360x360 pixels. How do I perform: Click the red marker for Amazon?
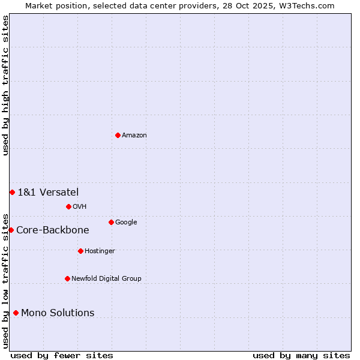118,135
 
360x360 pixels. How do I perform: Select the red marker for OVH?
68,206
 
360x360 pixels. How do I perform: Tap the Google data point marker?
111,222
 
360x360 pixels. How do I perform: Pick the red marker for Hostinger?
80,251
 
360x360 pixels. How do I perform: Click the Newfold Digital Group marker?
67,278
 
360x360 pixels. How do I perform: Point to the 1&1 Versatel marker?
12,192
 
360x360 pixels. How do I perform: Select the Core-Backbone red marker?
11,230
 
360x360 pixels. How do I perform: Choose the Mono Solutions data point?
16,313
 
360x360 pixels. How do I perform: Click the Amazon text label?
134,136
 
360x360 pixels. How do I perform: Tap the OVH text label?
80,207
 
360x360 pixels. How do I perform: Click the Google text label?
126,223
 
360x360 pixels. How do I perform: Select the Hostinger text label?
100,251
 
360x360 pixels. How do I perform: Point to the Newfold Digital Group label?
106,279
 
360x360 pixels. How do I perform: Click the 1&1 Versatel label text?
48,193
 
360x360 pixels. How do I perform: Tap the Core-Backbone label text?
53,230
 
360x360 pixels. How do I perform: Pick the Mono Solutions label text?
58,313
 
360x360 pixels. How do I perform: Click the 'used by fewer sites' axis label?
62,355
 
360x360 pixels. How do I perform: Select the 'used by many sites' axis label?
301,355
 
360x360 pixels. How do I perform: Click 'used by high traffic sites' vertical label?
5,85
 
